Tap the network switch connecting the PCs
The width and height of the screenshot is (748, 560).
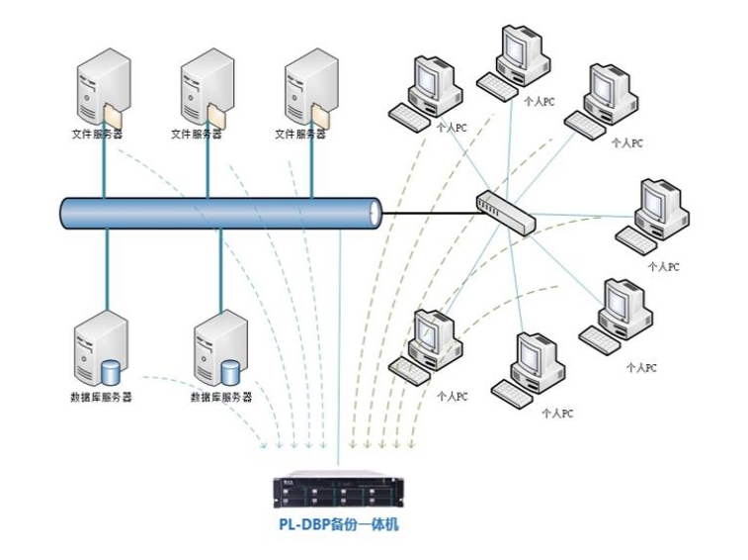click(x=505, y=211)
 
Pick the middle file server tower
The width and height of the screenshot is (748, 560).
click(x=204, y=90)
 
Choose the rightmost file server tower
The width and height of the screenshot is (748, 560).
click(x=307, y=90)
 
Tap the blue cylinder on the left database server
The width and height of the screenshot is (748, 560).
click(x=111, y=373)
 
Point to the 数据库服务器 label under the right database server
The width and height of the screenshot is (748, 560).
click(x=220, y=397)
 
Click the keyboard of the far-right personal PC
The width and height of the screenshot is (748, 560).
click(x=636, y=238)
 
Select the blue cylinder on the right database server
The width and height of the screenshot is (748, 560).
click(x=231, y=373)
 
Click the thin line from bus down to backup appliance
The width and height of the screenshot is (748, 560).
click(x=339, y=346)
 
